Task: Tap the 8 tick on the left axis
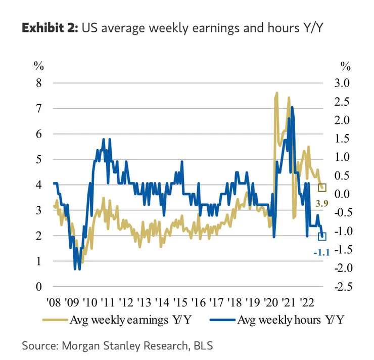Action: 38,83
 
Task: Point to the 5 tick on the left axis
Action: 38,160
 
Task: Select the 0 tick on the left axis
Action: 38,287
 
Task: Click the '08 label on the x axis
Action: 56,303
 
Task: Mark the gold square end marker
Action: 322,188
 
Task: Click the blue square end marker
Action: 322,236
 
